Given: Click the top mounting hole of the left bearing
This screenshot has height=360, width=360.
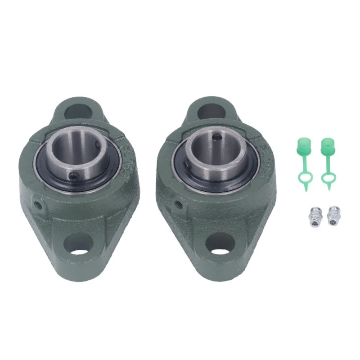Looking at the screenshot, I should (x=80, y=111).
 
